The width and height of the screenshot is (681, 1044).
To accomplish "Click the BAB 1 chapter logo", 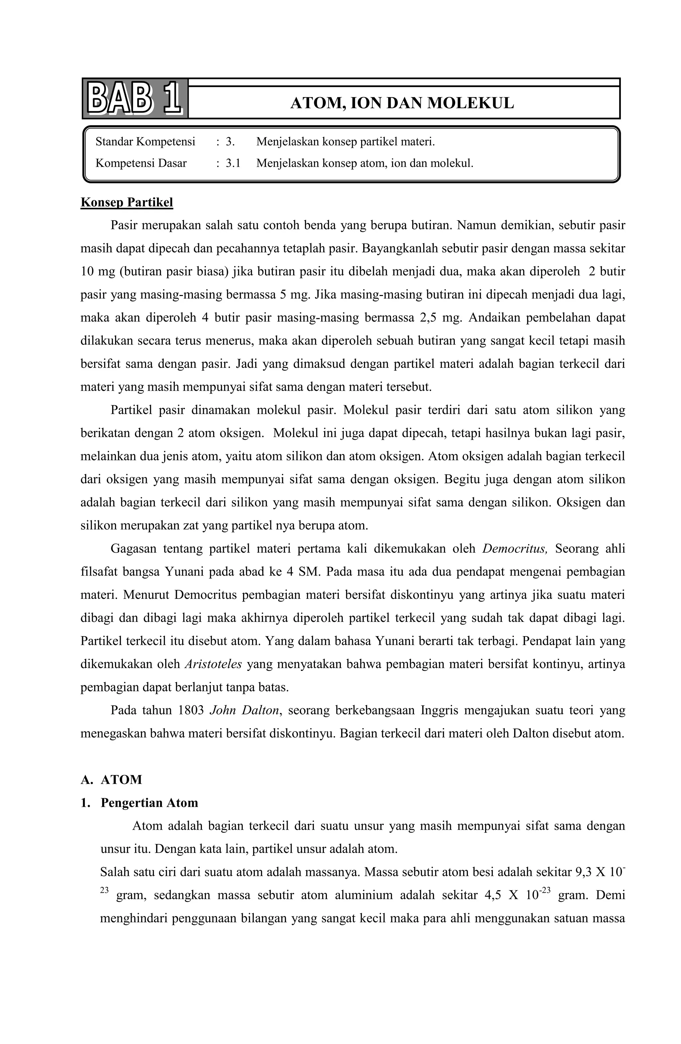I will tap(135, 99).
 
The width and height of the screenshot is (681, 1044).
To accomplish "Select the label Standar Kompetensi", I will tap(145, 142).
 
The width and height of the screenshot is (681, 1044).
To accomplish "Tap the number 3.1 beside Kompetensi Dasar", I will tap(233, 163).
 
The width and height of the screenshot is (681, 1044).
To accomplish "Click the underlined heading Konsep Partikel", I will tap(126, 202).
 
